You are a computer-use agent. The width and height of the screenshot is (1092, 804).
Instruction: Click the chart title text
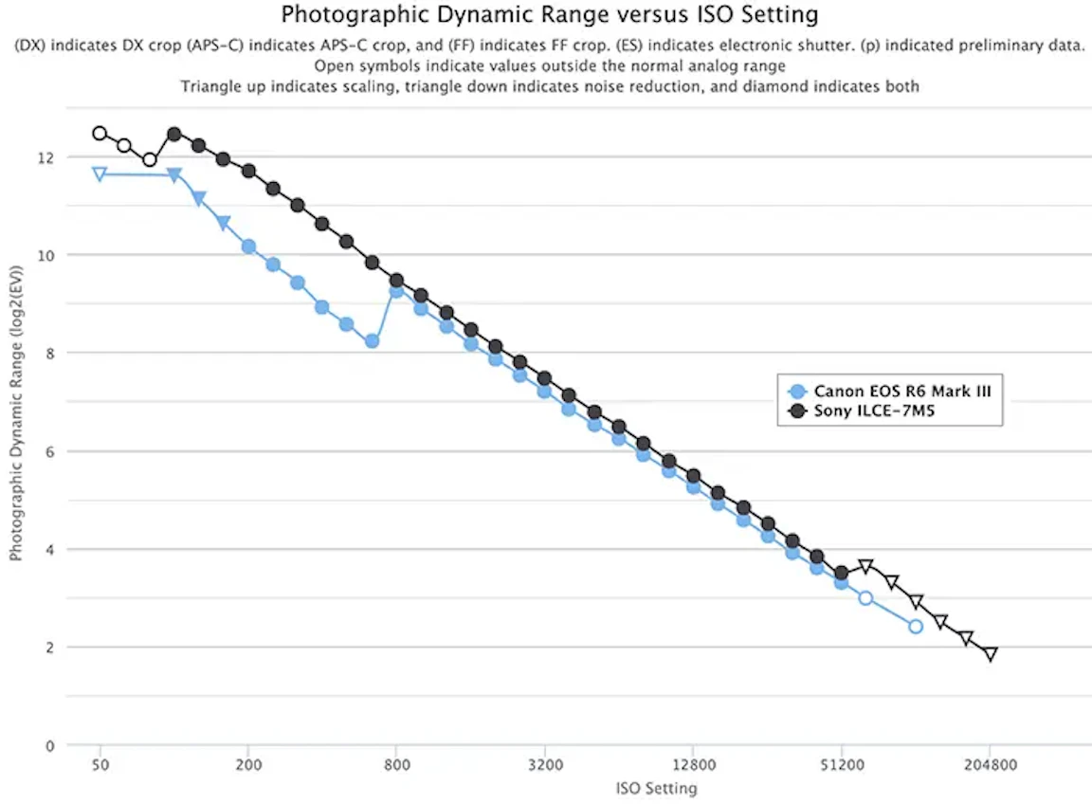(550, 15)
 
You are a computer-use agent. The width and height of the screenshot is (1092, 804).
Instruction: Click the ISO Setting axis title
(656, 788)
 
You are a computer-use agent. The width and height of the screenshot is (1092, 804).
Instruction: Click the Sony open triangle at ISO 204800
(991, 654)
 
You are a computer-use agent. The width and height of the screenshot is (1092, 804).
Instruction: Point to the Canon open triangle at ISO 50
(100, 174)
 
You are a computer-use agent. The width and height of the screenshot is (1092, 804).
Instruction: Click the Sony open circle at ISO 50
(100, 134)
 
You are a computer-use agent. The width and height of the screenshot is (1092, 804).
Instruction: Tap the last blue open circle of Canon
(916, 627)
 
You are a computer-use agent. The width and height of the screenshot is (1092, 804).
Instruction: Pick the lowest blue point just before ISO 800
(373, 341)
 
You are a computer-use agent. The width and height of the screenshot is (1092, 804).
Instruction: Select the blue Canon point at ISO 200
(248, 247)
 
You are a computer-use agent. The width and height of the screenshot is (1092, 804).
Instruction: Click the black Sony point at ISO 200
(248, 172)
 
